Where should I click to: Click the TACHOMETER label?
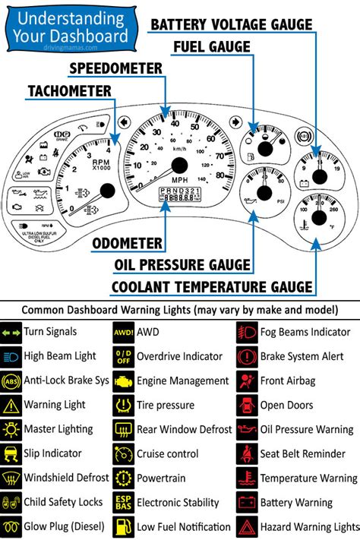69,91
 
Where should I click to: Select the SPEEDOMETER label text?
115,68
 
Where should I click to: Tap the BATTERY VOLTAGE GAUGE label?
231,24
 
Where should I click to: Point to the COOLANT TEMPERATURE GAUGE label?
212,286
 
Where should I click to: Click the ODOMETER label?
127,244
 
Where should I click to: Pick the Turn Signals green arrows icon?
11,332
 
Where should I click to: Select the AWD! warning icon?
123,332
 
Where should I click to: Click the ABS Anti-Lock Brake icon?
11,381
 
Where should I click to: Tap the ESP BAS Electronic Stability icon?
123,503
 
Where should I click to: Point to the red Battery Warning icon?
247,503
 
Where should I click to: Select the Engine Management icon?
123,381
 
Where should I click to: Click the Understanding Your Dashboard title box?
69,27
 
